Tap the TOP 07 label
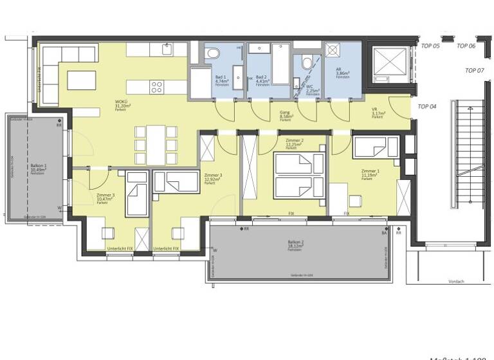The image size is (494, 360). tap(475, 70)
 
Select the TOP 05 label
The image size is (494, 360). tap(430, 46)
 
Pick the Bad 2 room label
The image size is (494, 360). tap(261, 77)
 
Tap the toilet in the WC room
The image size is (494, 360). tap(306, 63)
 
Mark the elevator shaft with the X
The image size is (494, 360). tap(388, 64)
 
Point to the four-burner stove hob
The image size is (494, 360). tap(157, 86)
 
